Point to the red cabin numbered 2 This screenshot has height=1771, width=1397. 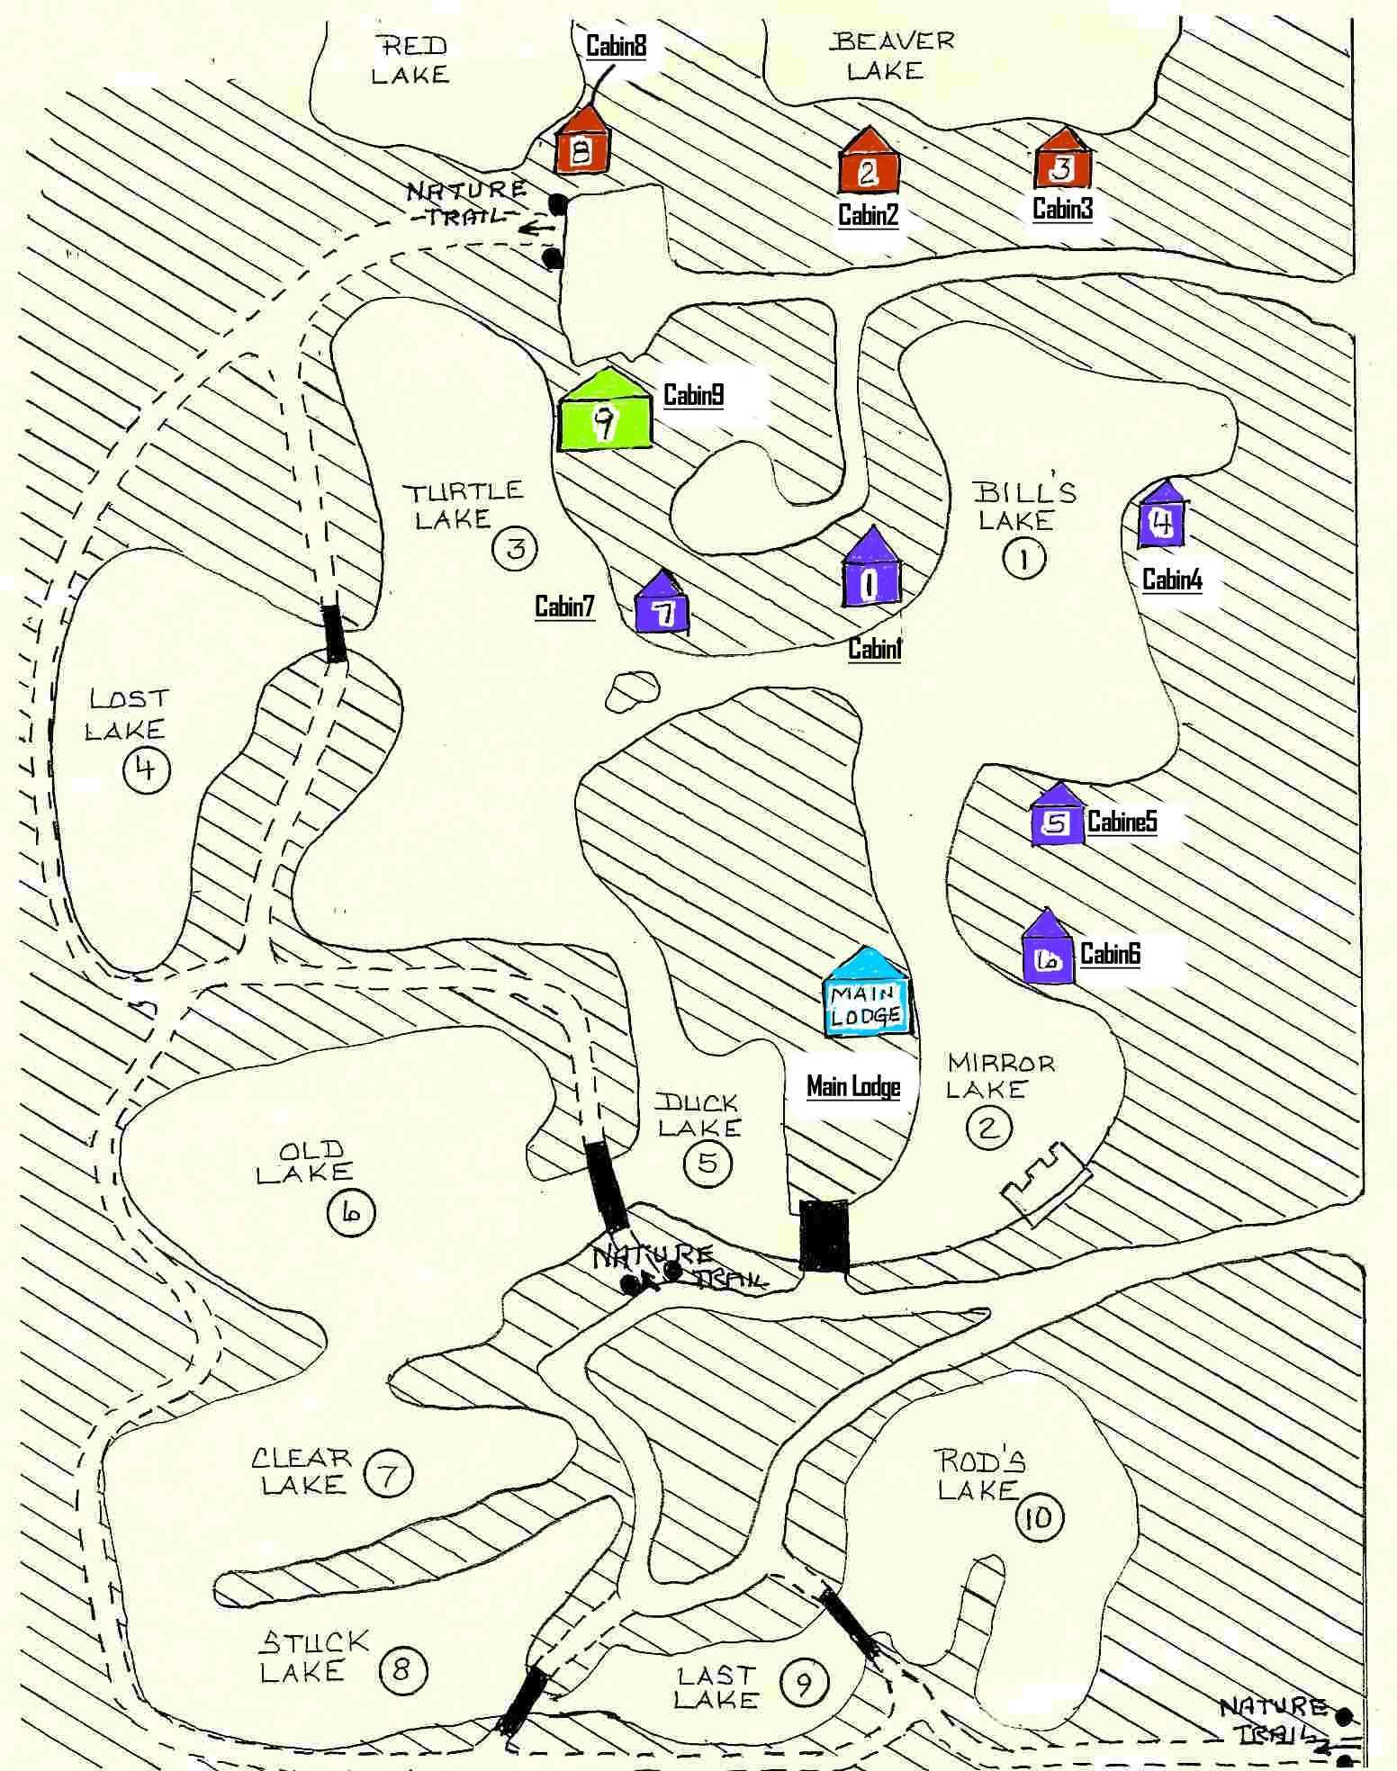pos(869,163)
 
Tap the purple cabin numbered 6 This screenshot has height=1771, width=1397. pos(1049,952)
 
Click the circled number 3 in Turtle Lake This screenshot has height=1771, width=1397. pos(516,547)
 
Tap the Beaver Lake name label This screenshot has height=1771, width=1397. pos(892,56)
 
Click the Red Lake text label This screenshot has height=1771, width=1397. pos(410,60)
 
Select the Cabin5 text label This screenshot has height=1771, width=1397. pos(1122,822)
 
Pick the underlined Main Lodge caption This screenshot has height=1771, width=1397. pos(853,1087)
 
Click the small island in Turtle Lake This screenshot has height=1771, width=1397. pos(632,692)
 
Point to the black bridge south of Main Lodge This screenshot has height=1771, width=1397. pos(824,1235)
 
